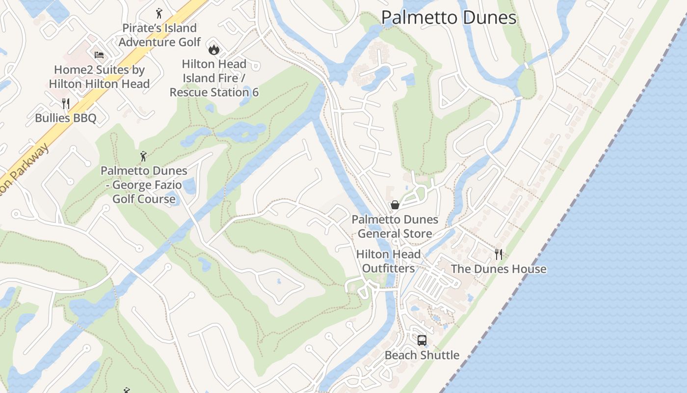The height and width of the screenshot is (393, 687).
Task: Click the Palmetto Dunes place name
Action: click(449, 18)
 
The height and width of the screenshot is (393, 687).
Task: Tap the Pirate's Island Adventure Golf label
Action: click(159, 35)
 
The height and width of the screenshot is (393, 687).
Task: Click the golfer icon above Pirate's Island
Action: click(159, 13)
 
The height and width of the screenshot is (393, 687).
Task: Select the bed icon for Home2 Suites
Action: click(99, 55)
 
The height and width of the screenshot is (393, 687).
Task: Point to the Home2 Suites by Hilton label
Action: click(99, 77)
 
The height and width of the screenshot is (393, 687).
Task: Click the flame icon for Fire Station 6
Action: click(213, 49)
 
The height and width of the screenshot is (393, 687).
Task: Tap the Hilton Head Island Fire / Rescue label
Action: click(214, 78)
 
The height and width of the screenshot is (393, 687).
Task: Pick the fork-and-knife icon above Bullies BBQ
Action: click(66, 103)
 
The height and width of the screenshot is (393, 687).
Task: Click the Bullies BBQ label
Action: click(66, 118)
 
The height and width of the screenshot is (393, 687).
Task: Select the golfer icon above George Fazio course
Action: click(143, 156)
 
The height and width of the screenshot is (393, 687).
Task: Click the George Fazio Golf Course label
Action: click(144, 185)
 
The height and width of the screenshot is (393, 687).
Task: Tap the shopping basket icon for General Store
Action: click(395, 205)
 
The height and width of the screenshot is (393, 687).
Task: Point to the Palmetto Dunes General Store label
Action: click(395, 226)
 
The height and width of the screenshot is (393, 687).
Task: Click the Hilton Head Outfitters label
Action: click(388, 261)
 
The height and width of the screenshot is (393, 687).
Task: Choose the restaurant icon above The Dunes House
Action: click(499, 254)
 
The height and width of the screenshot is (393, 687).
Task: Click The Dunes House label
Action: click(499, 269)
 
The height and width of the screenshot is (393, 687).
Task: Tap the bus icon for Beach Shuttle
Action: click(422, 340)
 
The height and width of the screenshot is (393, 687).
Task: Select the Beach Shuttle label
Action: click(422, 355)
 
